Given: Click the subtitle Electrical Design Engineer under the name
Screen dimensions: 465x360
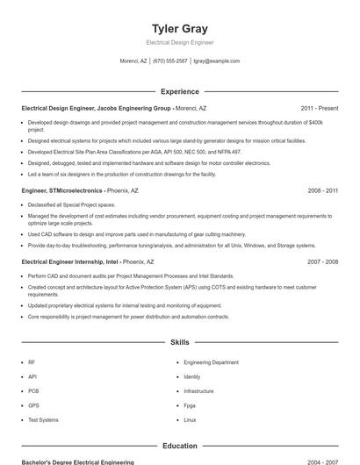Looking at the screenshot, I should [179, 42].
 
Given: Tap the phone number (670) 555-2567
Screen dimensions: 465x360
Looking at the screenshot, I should [169, 61].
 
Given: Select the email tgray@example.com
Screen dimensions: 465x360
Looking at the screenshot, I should [216, 61].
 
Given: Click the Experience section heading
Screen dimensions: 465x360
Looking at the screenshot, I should [179, 91].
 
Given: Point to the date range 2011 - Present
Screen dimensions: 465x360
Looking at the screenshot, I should [320, 108].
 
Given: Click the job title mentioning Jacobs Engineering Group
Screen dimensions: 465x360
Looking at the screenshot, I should [96, 108].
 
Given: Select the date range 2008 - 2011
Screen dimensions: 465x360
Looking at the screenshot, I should [323, 190].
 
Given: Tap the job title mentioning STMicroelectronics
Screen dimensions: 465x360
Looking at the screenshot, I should [62, 190].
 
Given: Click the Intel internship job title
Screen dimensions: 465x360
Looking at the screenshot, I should [71, 261].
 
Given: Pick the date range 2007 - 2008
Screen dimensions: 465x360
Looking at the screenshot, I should [323, 261].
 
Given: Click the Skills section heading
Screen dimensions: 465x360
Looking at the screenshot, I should [179, 342].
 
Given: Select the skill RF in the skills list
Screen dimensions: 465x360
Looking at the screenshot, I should [32, 362].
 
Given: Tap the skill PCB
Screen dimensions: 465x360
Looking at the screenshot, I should [33, 391].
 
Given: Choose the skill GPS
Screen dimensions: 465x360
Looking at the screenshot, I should [33, 405].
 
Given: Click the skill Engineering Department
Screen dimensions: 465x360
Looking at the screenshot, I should [211, 362].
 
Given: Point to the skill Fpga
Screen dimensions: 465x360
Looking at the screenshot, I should [190, 405].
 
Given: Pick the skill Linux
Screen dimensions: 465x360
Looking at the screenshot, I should [190, 420].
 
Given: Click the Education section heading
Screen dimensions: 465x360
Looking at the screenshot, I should [179, 447].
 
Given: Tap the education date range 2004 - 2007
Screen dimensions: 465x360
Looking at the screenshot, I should [323, 461].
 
